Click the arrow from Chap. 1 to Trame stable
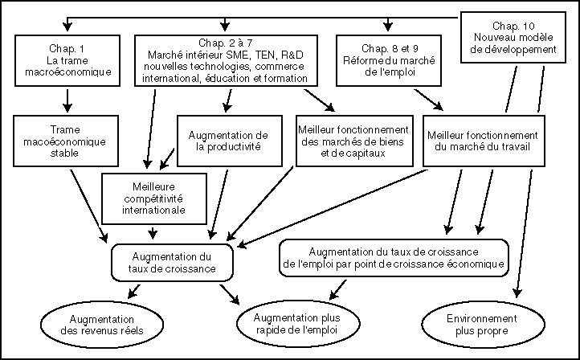tap(67, 100)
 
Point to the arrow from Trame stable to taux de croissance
tap(89, 207)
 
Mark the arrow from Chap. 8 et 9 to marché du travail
tap(428, 100)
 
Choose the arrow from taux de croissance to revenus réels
tap(134, 291)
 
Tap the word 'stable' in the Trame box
tap(65, 153)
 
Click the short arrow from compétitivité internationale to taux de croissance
tap(153, 233)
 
